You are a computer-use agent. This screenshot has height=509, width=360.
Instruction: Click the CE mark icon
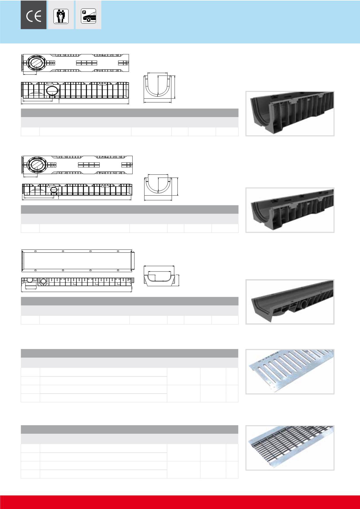[34, 17]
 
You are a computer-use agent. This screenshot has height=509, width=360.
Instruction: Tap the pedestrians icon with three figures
[61, 16]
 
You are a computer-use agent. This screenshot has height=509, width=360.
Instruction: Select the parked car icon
[89, 16]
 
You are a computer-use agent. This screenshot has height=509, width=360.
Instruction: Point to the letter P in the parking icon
[84, 12]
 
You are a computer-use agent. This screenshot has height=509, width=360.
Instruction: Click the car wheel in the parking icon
[88, 20]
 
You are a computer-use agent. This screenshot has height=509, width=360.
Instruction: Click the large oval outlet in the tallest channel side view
[52, 90]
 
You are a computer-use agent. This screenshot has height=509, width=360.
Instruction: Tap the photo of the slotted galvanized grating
[290, 371]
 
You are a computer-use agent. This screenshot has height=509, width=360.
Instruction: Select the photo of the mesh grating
[290, 448]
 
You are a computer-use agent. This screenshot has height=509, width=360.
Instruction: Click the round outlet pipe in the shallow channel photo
[304, 306]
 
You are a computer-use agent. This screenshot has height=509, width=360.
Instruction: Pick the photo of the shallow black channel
[290, 302]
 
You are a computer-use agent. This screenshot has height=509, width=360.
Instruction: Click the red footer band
[180, 502]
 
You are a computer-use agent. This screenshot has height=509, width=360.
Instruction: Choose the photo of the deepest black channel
[290, 113]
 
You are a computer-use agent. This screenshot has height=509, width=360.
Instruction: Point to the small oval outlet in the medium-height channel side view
[55, 190]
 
